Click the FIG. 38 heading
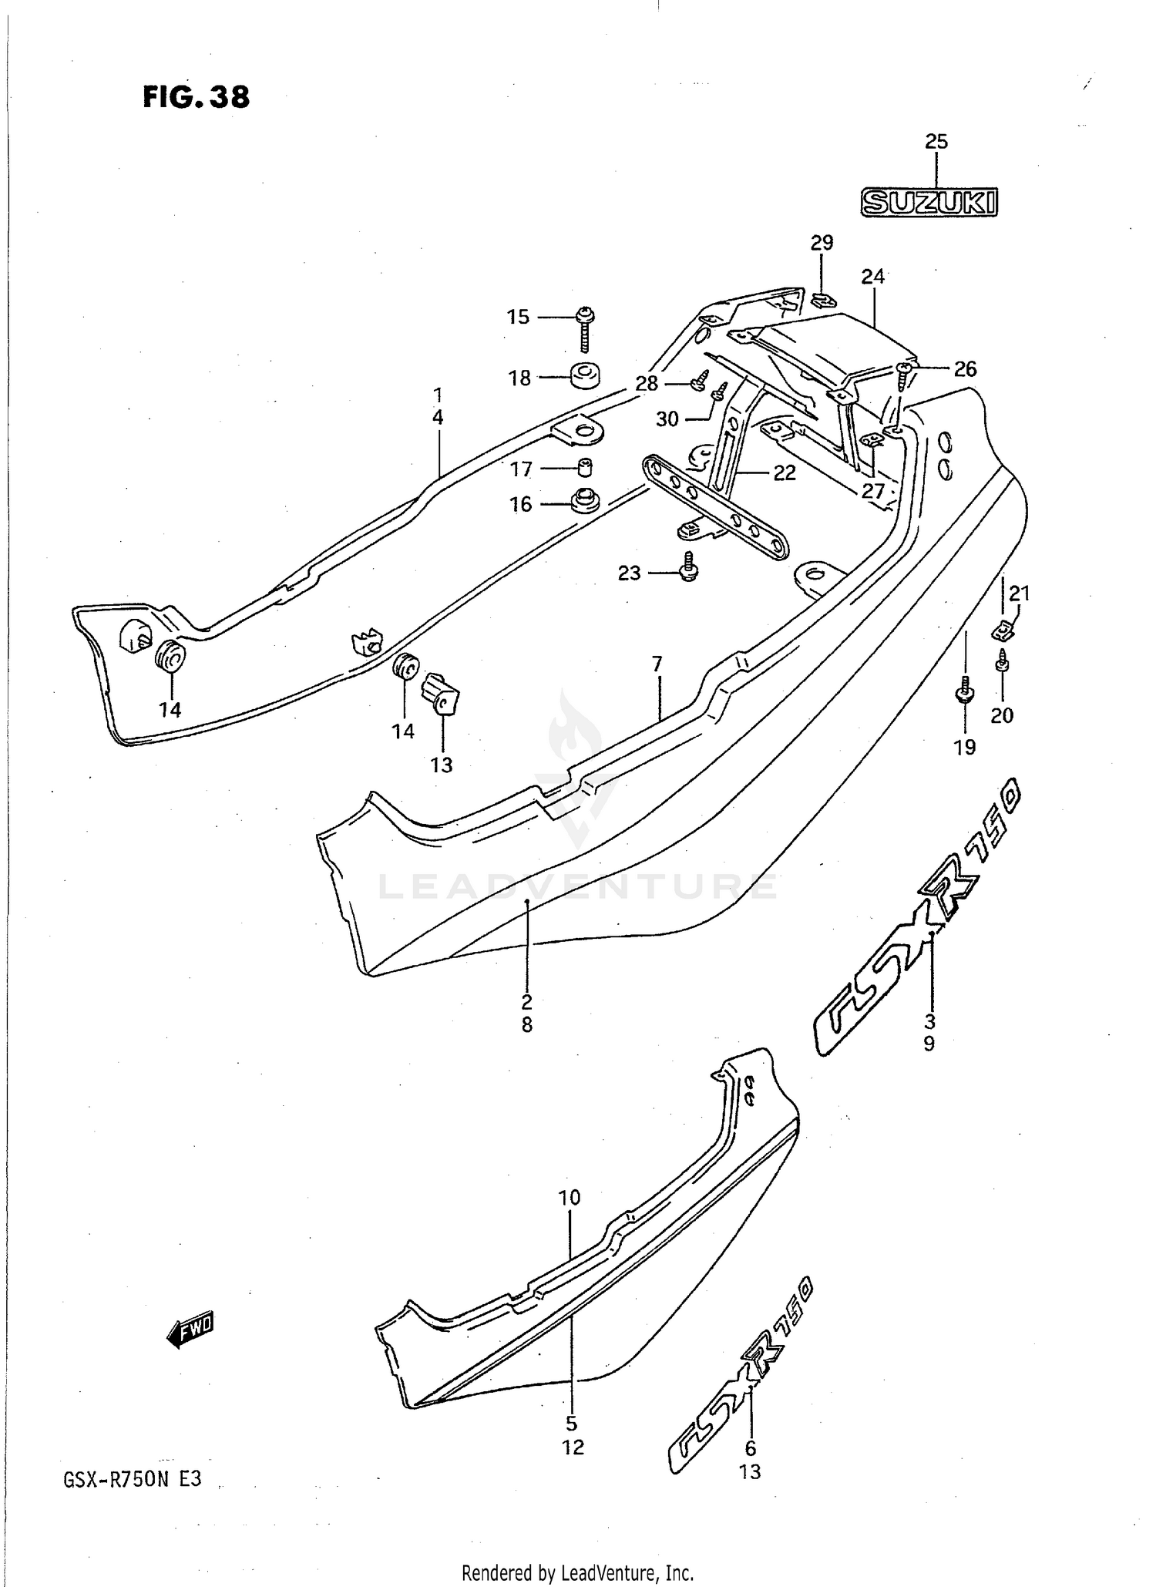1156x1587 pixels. (x=196, y=98)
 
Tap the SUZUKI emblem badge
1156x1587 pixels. (x=929, y=202)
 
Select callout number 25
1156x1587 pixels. (x=936, y=142)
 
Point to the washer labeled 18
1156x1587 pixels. (x=586, y=376)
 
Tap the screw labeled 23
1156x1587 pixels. (x=688, y=566)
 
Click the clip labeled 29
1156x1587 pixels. (x=823, y=299)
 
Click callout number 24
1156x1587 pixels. (x=872, y=276)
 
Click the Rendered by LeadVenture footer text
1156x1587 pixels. (x=577, y=1572)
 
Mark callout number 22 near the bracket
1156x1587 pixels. (x=784, y=473)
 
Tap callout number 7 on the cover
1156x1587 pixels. (x=657, y=664)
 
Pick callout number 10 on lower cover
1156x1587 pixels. (x=569, y=1197)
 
